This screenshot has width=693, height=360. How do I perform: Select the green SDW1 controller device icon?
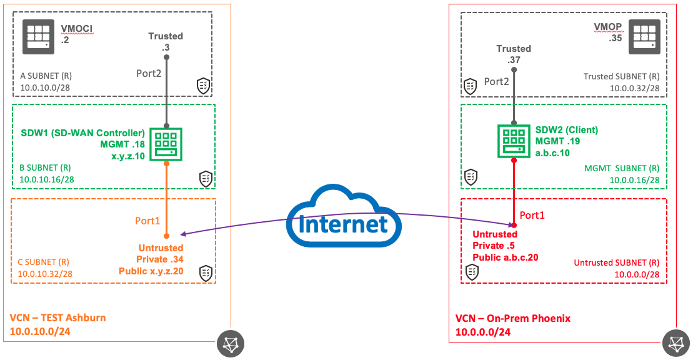pyautogui.click(x=167, y=143)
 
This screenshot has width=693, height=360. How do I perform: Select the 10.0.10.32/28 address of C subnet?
pyautogui.click(x=45, y=274)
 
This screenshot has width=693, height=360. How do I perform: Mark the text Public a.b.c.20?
pyautogui.click(x=505, y=257)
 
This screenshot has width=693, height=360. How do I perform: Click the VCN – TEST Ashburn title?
pyautogui.click(x=57, y=317)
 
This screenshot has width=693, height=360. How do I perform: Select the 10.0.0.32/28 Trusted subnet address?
pyautogui.click(x=635, y=89)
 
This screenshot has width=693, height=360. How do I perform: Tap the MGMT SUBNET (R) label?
pyautogui.click(x=622, y=168)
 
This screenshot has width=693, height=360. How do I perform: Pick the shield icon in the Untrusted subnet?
pyautogui.click(x=473, y=272)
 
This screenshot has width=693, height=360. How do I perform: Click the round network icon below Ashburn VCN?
pyautogui.click(x=230, y=342)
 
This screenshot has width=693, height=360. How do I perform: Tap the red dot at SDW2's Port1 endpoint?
pyautogui.click(x=514, y=225)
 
